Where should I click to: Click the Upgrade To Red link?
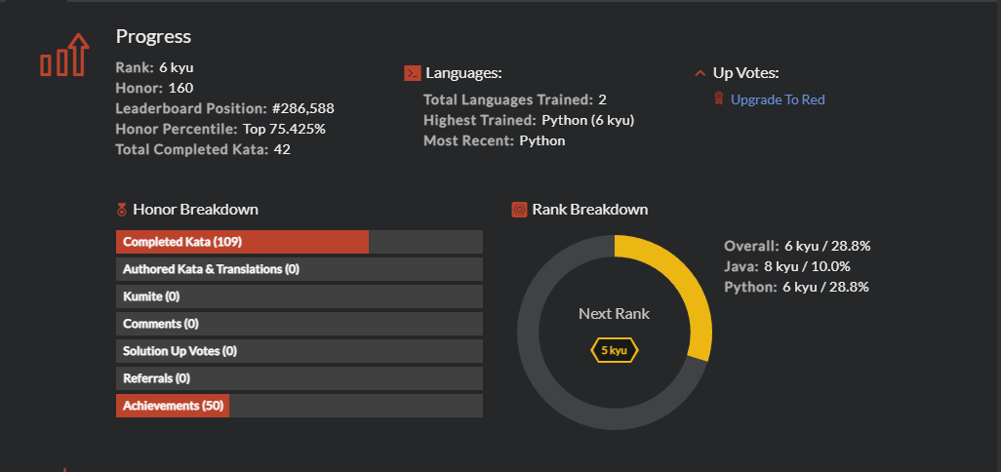tap(778, 99)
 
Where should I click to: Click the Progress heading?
tap(153, 37)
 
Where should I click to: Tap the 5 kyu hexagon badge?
tap(614, 350)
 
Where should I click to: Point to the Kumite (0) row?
tap(299, 296)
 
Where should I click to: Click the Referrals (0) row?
tap(299, 378)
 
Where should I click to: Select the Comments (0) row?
tap(299, 324)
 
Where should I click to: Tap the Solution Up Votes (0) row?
tap(299, 351)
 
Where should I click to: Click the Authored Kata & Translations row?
tap(299, 269)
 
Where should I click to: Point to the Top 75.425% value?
tap(284, 129)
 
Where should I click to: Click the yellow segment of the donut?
tap(684, 284)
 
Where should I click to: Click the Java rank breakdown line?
tap(787, 266)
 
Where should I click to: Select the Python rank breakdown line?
tap(796, 287)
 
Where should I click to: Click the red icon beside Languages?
tap(412, 73)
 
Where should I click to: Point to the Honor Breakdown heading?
tap(195, 210)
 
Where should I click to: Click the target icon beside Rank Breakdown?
tap(519, 210)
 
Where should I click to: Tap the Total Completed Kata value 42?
tap(282, 149)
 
